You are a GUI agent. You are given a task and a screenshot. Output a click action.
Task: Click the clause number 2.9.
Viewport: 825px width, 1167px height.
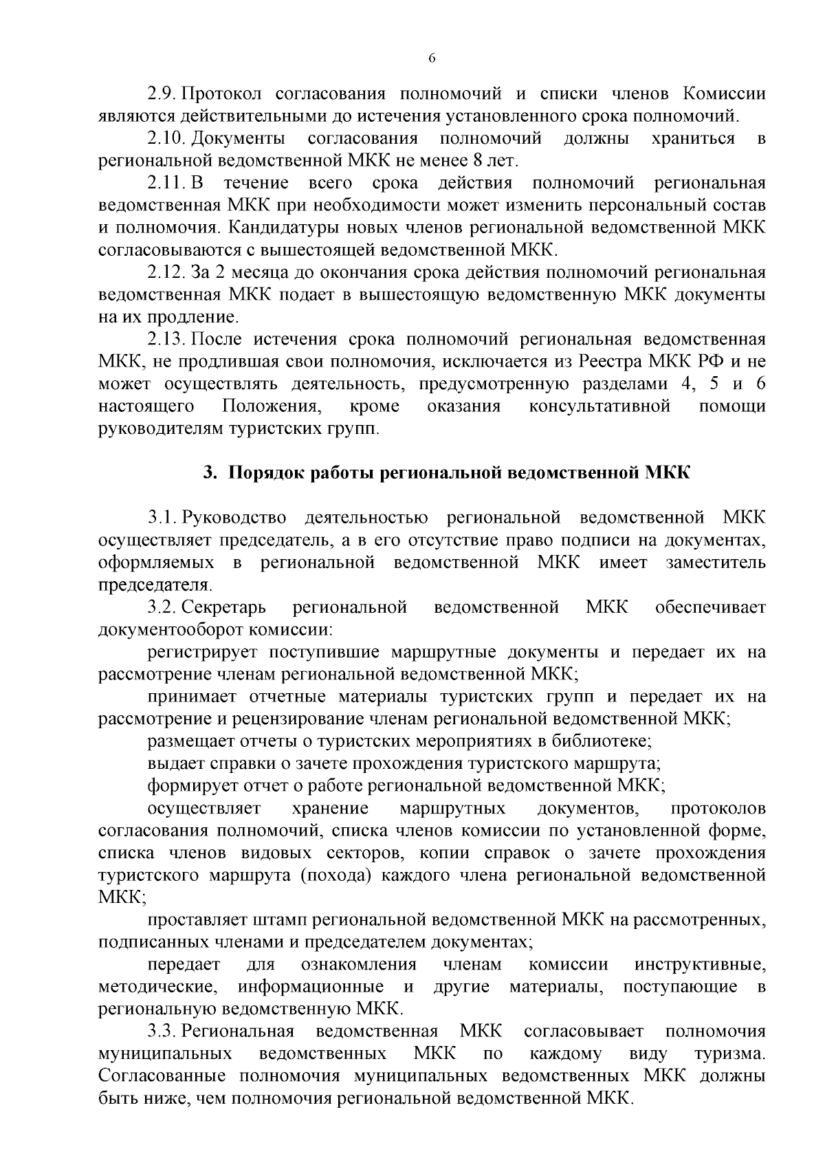tap(163, 94)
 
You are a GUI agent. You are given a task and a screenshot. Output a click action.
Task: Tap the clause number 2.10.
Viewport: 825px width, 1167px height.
tap(167, 138)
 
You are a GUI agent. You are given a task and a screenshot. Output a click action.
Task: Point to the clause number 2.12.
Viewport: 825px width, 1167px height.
tap(167, 272)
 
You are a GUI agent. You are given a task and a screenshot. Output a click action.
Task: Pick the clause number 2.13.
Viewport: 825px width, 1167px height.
tap(167, 339)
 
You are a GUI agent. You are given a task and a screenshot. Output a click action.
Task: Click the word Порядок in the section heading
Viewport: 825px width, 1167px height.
tap(266, 473)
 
